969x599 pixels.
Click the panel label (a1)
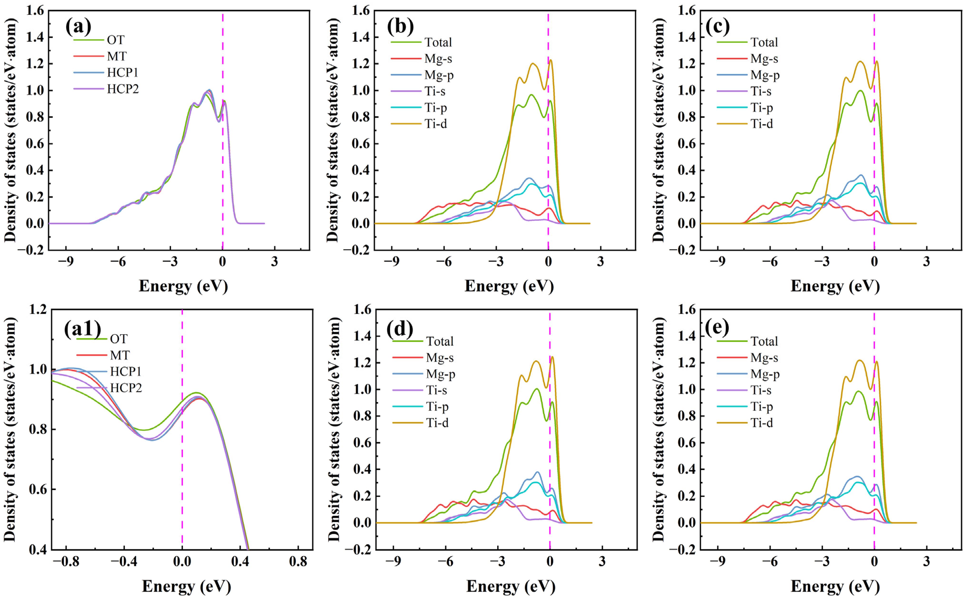tap(82, 328)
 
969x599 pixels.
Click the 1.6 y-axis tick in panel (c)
tap(687, 11)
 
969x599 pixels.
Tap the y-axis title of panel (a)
tap(11, 130)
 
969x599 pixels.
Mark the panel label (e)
tap(718, 327)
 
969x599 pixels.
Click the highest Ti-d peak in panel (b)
tap(551, 60)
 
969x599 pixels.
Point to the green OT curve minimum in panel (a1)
tap(145, 430)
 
